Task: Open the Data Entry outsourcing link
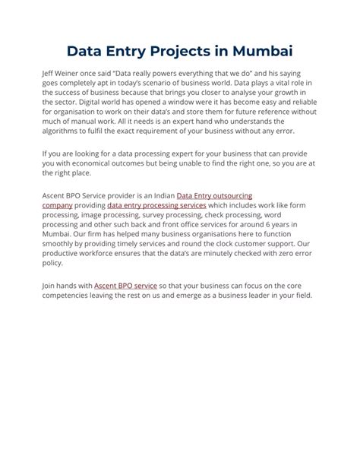click(x=214, y=196)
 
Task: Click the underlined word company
click(x=57, y=205)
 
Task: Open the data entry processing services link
click(x=156, y=205)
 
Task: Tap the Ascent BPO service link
click(x=125, y=286)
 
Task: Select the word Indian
click(x=158, y=196)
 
